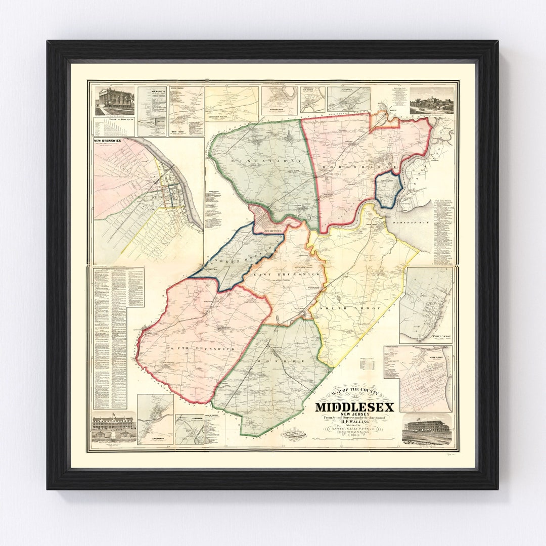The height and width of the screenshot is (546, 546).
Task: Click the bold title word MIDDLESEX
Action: click(354, 406)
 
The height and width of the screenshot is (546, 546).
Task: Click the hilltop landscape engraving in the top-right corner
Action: click(431, 101)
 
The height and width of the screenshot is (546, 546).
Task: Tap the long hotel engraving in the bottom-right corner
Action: click(426, 429)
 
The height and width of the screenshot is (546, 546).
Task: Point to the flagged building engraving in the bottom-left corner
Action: click(114, 428)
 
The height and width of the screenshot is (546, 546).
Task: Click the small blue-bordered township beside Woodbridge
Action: click(388, 190)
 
